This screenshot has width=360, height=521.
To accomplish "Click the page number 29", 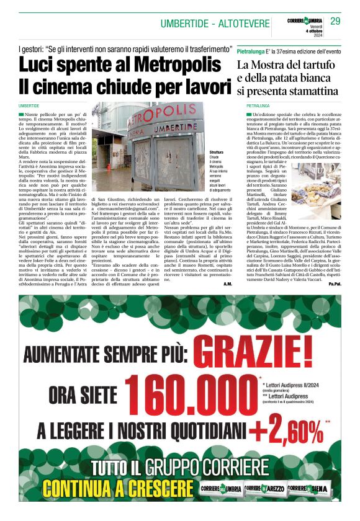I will click(336, 22).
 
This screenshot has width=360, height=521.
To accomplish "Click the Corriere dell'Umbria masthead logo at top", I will click(305, 21).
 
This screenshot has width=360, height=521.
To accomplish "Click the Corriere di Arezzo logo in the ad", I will click(266, 490).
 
